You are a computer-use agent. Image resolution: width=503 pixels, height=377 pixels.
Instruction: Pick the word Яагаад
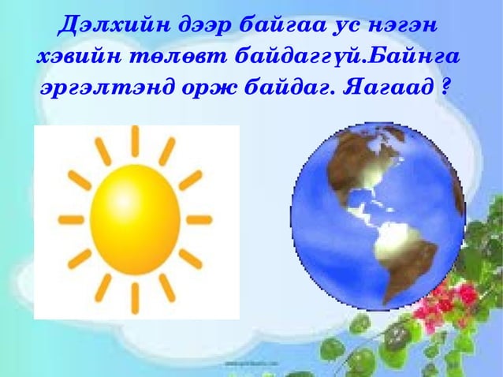[x=386, y=87]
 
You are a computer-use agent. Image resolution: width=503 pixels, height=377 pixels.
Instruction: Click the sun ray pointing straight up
[x=135, y=141]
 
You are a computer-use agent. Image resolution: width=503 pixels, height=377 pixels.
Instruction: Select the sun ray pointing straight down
[x=135, y=297]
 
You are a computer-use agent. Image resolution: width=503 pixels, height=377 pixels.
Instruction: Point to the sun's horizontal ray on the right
[x=198, y=219]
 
